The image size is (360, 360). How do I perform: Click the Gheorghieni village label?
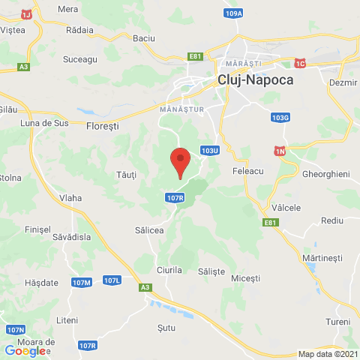coord(325,173)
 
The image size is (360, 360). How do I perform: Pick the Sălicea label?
coord(148,230)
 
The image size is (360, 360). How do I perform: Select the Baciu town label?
coord(142,37)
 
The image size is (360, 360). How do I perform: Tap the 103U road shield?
coord(209,151)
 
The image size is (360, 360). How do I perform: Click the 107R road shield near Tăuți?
coord(172,197)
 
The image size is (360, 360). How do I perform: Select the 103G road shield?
coord(280,118)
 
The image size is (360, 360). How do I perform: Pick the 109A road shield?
coord(233,13)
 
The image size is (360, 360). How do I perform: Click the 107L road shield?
coord(112,280)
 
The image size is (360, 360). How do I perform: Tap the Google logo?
coord(25,351)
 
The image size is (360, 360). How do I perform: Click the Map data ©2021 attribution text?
coord(327,354)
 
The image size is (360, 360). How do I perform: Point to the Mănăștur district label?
coord(178,109)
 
